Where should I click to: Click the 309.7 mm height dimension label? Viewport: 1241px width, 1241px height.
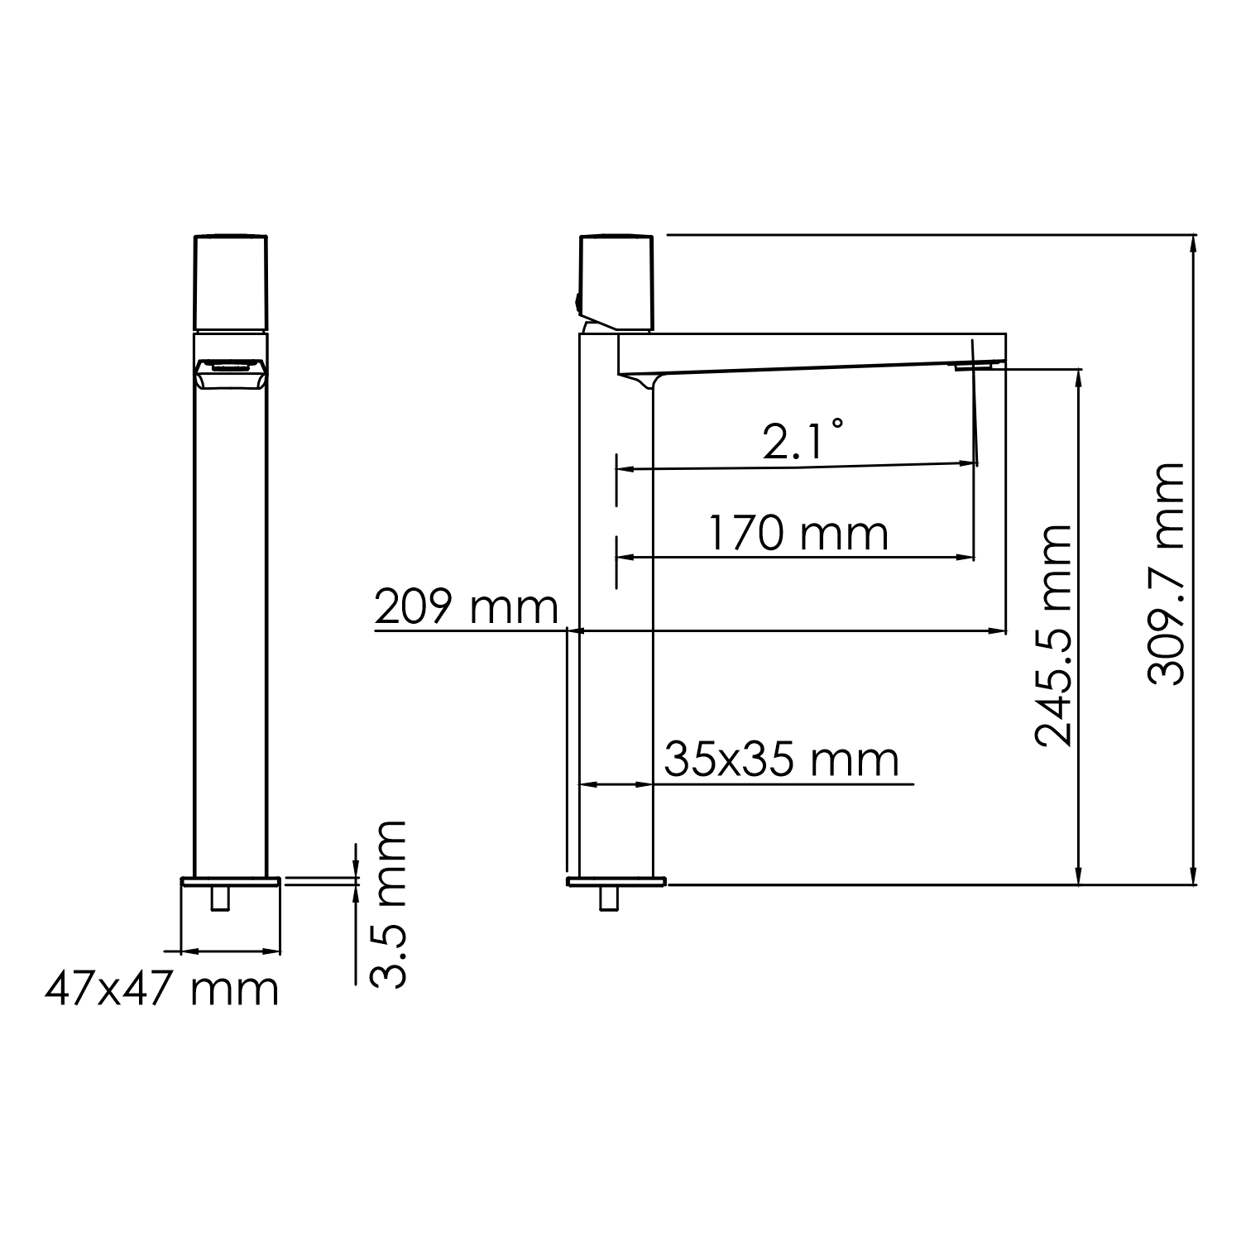click(1166, 573)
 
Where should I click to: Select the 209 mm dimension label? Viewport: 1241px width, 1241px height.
click(466, 608)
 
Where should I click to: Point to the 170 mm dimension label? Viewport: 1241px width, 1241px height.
click(798, 534)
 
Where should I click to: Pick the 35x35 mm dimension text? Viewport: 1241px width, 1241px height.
click(781, 759)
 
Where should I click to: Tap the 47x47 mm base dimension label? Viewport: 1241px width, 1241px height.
click(161, 989)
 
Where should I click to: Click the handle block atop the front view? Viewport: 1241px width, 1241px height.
click(231, 282)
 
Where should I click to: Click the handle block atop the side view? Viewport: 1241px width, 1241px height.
click(618, 280)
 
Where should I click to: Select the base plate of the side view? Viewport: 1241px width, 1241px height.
click(616, 880)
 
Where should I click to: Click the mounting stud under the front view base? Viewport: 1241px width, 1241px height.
click(220, 897)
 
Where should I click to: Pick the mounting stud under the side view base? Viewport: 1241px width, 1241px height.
click(609, 897)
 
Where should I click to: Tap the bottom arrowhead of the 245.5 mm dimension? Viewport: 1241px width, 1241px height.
click(1078, 877)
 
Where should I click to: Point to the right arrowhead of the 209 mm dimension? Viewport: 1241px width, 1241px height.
click(999, 631)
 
